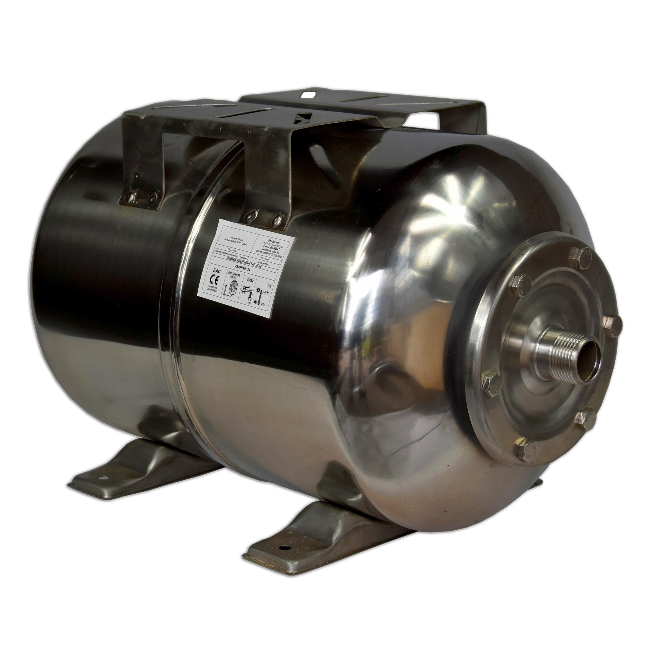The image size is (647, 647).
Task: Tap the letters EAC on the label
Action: point(217,272)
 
